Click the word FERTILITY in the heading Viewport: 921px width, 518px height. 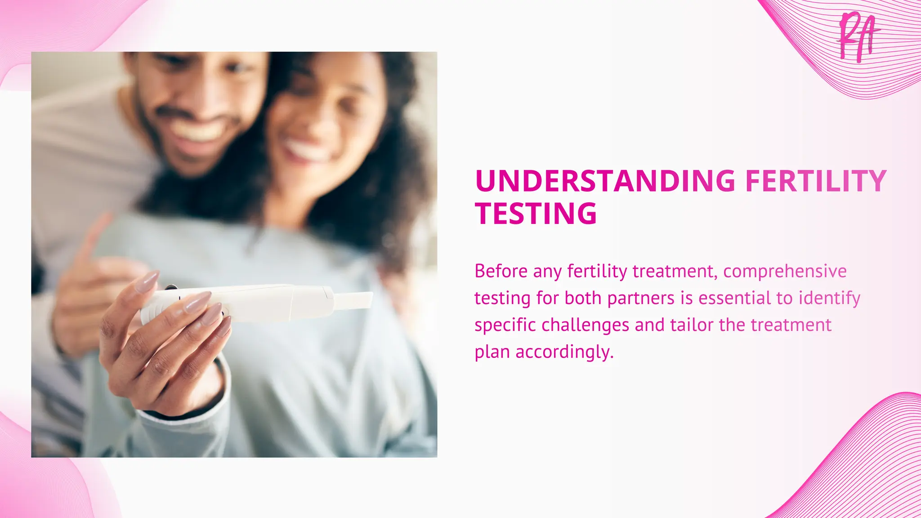click(x=815, y=181)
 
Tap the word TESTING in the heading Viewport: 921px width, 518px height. click(x=536, y=213)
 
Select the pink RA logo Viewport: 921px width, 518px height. click(x=857, y=37)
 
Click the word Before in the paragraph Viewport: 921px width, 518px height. click(x=501, y=271)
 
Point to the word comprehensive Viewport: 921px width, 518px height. click(x=785, y=271)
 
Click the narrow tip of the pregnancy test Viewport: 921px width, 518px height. click(x=354, y=299)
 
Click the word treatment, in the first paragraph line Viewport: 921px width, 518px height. click(x=675, y=271)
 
